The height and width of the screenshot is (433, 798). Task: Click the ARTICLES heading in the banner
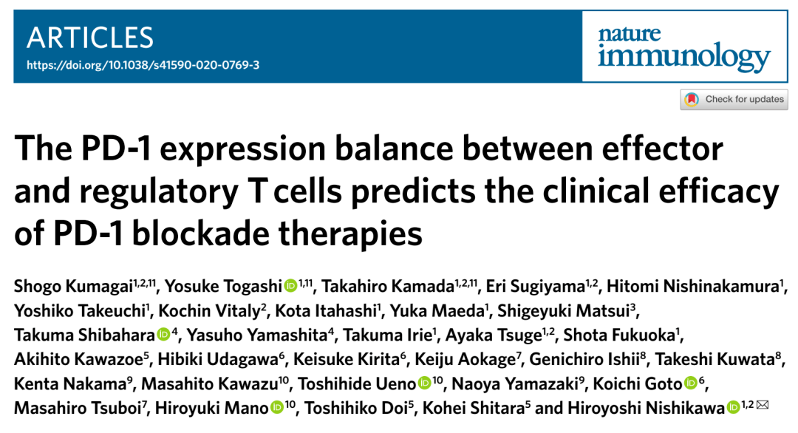click(89, 38)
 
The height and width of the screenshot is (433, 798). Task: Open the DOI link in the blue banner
click(143, 65)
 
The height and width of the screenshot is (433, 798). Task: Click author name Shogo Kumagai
click(73, 287)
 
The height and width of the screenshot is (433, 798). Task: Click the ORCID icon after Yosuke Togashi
click(290, 286)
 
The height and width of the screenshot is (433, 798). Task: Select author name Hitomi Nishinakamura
click(692, 287)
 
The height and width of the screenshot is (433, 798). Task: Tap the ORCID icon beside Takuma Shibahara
click(164, 334)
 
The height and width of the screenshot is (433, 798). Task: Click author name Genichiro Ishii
click(584, 359)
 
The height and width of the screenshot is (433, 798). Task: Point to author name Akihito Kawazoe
click(78, 359)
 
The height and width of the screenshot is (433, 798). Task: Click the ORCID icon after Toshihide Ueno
click(424, 383)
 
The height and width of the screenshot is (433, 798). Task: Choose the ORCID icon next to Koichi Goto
click(691, 383)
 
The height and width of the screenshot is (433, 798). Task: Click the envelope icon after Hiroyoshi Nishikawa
click(763, 405)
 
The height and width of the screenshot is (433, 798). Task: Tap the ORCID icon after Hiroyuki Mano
click(277, 408)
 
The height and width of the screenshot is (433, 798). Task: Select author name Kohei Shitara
click(474, 408)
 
